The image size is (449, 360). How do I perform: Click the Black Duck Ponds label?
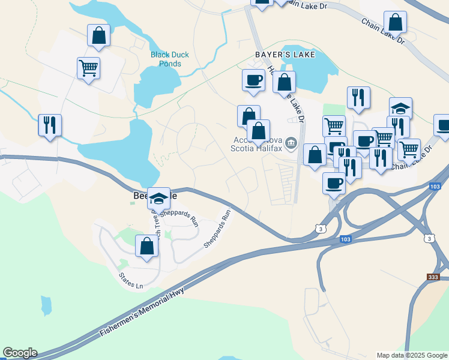(x=169, y=59)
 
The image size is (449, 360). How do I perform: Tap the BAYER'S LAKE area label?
(x=285, y=55)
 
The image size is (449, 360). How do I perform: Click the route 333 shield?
(x=433, y=277)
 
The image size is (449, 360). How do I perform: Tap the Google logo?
(x=20, y=353)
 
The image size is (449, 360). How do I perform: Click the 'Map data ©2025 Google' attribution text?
(x=412, y=355)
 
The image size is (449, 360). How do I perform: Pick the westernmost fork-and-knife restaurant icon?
(x=50, y=125)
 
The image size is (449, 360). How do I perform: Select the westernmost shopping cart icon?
(x=88, y=68)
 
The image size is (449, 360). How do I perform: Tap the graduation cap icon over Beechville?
(x=159, y=198)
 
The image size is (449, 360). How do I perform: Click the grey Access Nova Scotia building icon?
(x=291, y=143)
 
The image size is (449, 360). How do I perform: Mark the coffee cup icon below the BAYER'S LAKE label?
(x=253, y=79)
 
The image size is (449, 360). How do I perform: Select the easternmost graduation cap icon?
(x=400, y=108)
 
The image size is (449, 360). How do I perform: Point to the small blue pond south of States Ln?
(x=46, y=305)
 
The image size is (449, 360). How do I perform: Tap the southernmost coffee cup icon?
(x=334, y=182)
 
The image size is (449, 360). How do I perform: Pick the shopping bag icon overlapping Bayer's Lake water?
(x=284, y=82)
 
